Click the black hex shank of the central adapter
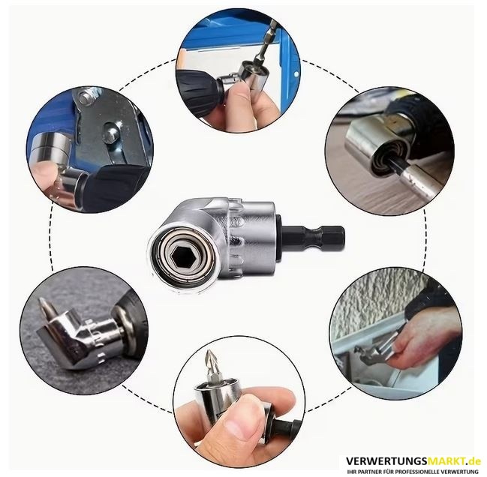coord(313,235)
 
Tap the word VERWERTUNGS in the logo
coord(384,461)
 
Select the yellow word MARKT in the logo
coord(445,461)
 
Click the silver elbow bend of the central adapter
coord(198,214)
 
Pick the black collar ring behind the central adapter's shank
coord(278,237)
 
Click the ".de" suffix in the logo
coord(474,461)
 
